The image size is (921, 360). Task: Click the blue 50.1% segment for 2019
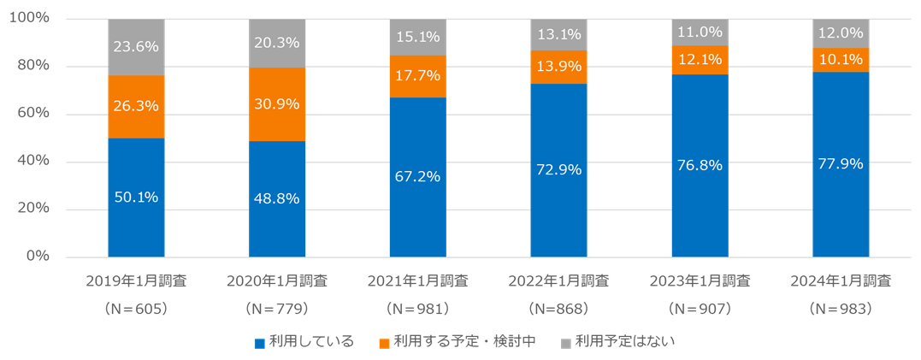pyautogui.click(x=136, y=197)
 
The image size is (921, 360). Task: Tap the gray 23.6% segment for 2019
pyautogui.click(x=136, y=47)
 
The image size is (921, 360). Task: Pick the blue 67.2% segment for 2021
pyautogui.click(x=417, y=177)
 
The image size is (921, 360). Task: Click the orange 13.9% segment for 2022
pyautogui.click(x=558, y=67)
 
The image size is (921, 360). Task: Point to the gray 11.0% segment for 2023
pyautogui.click(x=700, y=32)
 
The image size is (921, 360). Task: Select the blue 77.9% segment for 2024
pyautogui.click(x=841, y=164)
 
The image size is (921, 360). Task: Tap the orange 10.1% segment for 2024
pyautogui.click(x=841, y=59)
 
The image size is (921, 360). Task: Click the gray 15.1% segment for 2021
pyautogui.click(x=417, y=37)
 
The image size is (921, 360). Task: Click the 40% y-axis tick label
pyautogui.click(x=33, y=162)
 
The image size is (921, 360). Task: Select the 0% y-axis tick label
pyautogui.click(x=38, y=257)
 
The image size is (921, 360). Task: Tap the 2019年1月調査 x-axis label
pyautogui.click(x=136, y=281)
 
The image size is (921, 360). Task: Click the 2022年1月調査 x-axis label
pyautogui.click(x=558, y=281)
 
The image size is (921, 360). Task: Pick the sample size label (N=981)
pyautogui.click(x=417, y=307)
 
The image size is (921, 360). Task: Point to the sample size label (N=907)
pyautogui.click(x=700, y=307)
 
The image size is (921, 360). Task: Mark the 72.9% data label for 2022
pyautogui.click(x=558, y=169)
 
